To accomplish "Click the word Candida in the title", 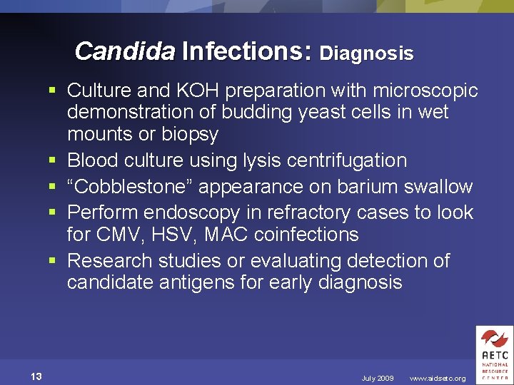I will (124, 51).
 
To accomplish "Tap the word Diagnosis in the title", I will (366, 53).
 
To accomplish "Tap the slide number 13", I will (36, 376).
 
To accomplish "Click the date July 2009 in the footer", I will (378, 378).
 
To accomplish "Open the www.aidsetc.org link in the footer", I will (438, 378).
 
